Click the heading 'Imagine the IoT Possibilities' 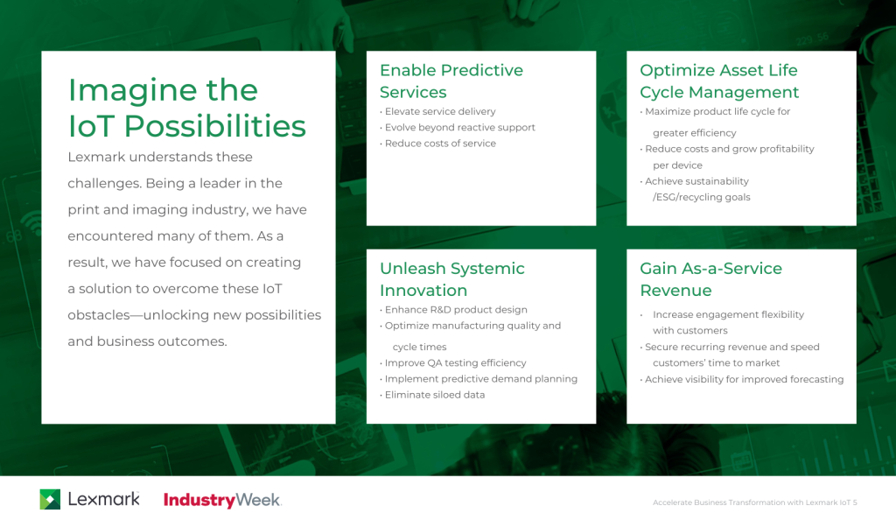pos(186,109)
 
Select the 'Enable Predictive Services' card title pos(451,81)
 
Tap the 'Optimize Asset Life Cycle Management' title pos(719,81)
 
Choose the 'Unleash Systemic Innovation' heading pos(451,279)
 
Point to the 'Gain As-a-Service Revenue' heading pos(710,279)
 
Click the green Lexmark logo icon pos(50,500)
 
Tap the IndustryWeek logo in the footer pos(222,501)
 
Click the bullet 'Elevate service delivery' pos(440,112)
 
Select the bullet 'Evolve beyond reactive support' pos(459,128)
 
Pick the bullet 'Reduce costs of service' pos(440,144)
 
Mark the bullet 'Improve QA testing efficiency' pos(455,363)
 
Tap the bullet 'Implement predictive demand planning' pos(480,379)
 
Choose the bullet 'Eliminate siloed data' pos(435,395)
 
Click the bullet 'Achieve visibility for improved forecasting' pos(744,380)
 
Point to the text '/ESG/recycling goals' pos(701,198)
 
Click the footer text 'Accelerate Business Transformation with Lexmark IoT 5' pos(754,502)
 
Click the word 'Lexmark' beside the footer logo pos(103,500)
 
